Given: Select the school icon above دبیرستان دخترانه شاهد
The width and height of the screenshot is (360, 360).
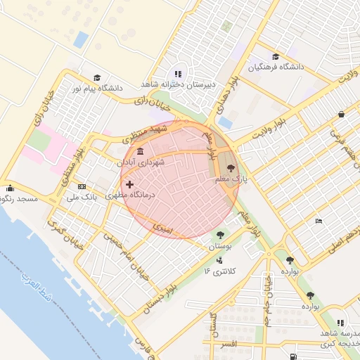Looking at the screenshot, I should tap(178, 73).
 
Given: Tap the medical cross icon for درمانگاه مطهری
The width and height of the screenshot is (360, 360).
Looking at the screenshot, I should tap(129, 184).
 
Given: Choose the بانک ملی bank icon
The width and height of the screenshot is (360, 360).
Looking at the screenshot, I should tap(82, 186).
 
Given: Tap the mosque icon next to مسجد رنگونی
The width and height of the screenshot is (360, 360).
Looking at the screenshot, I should tap(10, 188).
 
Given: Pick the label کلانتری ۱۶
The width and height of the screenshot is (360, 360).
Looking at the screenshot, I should tap(221, 271).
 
